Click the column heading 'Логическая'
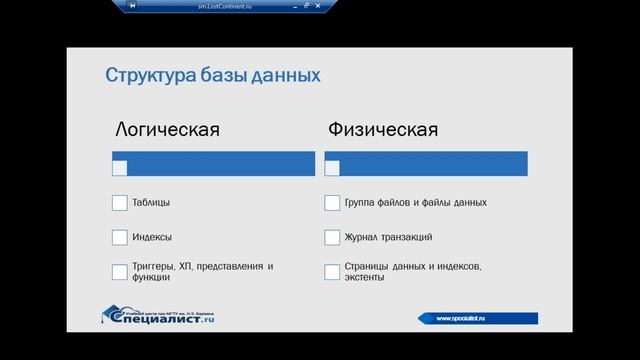pyautogui.click(x=167, y=130)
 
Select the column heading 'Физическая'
pyautogui.click(x=382, y=130)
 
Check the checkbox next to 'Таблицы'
pyautogui.click(x=120, y=203)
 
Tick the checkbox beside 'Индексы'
pyautogui.click(x=120, y=238)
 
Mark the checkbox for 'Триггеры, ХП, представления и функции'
pyautogui.click(x=120, y=272)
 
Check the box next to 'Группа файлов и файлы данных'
pyautogui.click(x=332, y=203)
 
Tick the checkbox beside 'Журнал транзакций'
pyautogui.click(x=332, y=238)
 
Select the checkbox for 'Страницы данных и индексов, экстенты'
pyautogui.click(x=332, y=272)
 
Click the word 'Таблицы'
pyautogui.click(x=151, y=203)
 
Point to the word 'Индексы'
pyautogui.click(x=152, y=238)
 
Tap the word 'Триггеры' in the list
pyautogui.click(x=154, y=266)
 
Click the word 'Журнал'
pyautogui.click(x=362, y=238)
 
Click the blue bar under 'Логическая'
pyautogui.click(x=220, y=160)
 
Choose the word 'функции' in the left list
pyautogui.click(x=151, y=278)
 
